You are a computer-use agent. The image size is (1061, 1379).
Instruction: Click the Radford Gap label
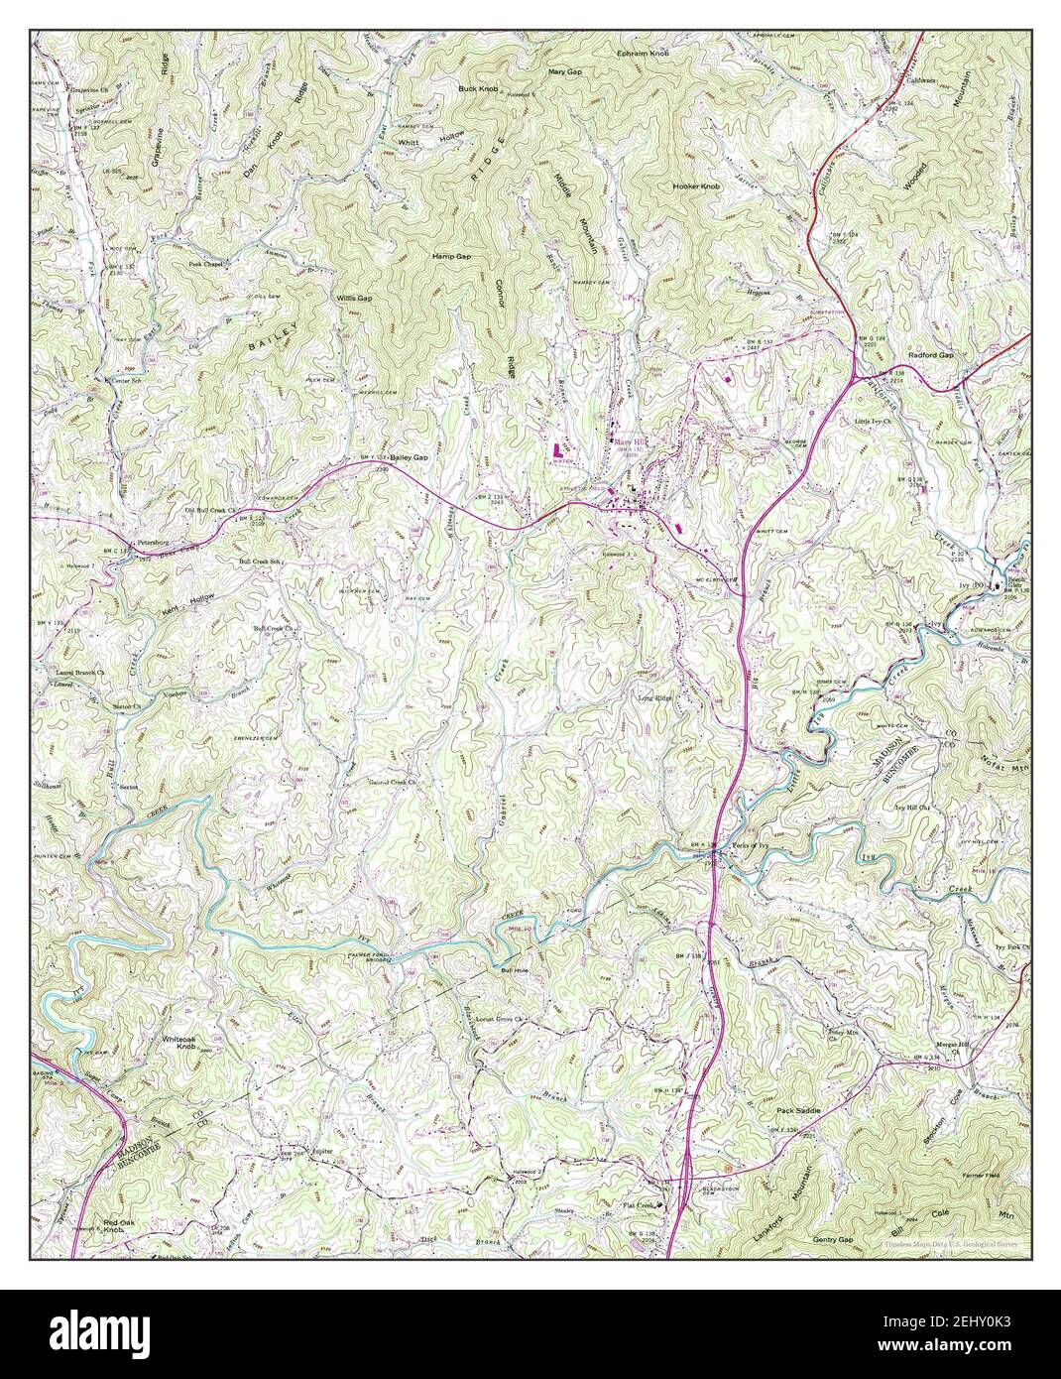[x=930, y=354]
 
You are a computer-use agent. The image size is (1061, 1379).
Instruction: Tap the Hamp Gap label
[x=450, y=256]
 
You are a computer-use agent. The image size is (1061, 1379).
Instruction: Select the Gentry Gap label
[x=832, y=1240]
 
